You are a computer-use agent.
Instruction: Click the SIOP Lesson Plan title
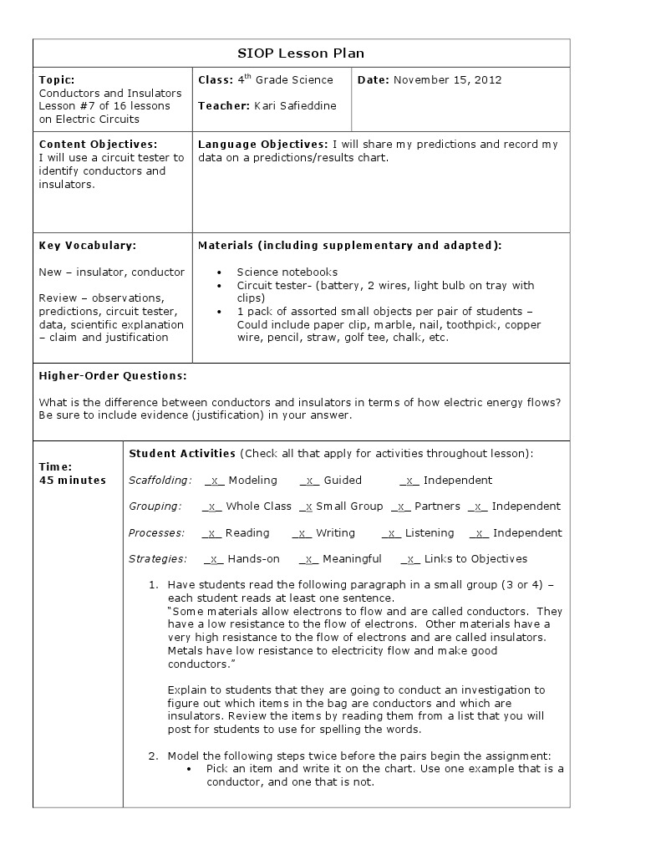[x=302, y=53]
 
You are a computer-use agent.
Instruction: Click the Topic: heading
[x=57, y=80]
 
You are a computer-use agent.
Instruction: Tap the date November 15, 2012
[x=447, y=80]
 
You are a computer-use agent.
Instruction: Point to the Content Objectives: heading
[x=98, y=145]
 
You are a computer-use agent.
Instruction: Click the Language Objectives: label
[x=262, y=145]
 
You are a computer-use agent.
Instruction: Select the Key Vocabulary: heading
[x=87, y=246]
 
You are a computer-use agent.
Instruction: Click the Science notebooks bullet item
[x=287, y=272]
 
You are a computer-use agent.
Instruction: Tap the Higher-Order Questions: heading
[x=113, y=376]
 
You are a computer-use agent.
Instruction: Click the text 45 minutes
[x=73, y=481]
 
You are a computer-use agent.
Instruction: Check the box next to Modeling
[x=215, y=481]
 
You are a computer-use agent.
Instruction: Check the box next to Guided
[x=310, y=481]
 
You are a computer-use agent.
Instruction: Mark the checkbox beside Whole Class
[x=212, y=506]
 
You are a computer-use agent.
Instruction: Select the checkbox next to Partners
[x=401, y=506]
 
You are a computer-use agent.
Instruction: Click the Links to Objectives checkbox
[x=410, y=559]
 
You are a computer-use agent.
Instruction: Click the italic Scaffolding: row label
[x=160, y=481]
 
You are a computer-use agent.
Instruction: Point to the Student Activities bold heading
[x=182, y=454]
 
